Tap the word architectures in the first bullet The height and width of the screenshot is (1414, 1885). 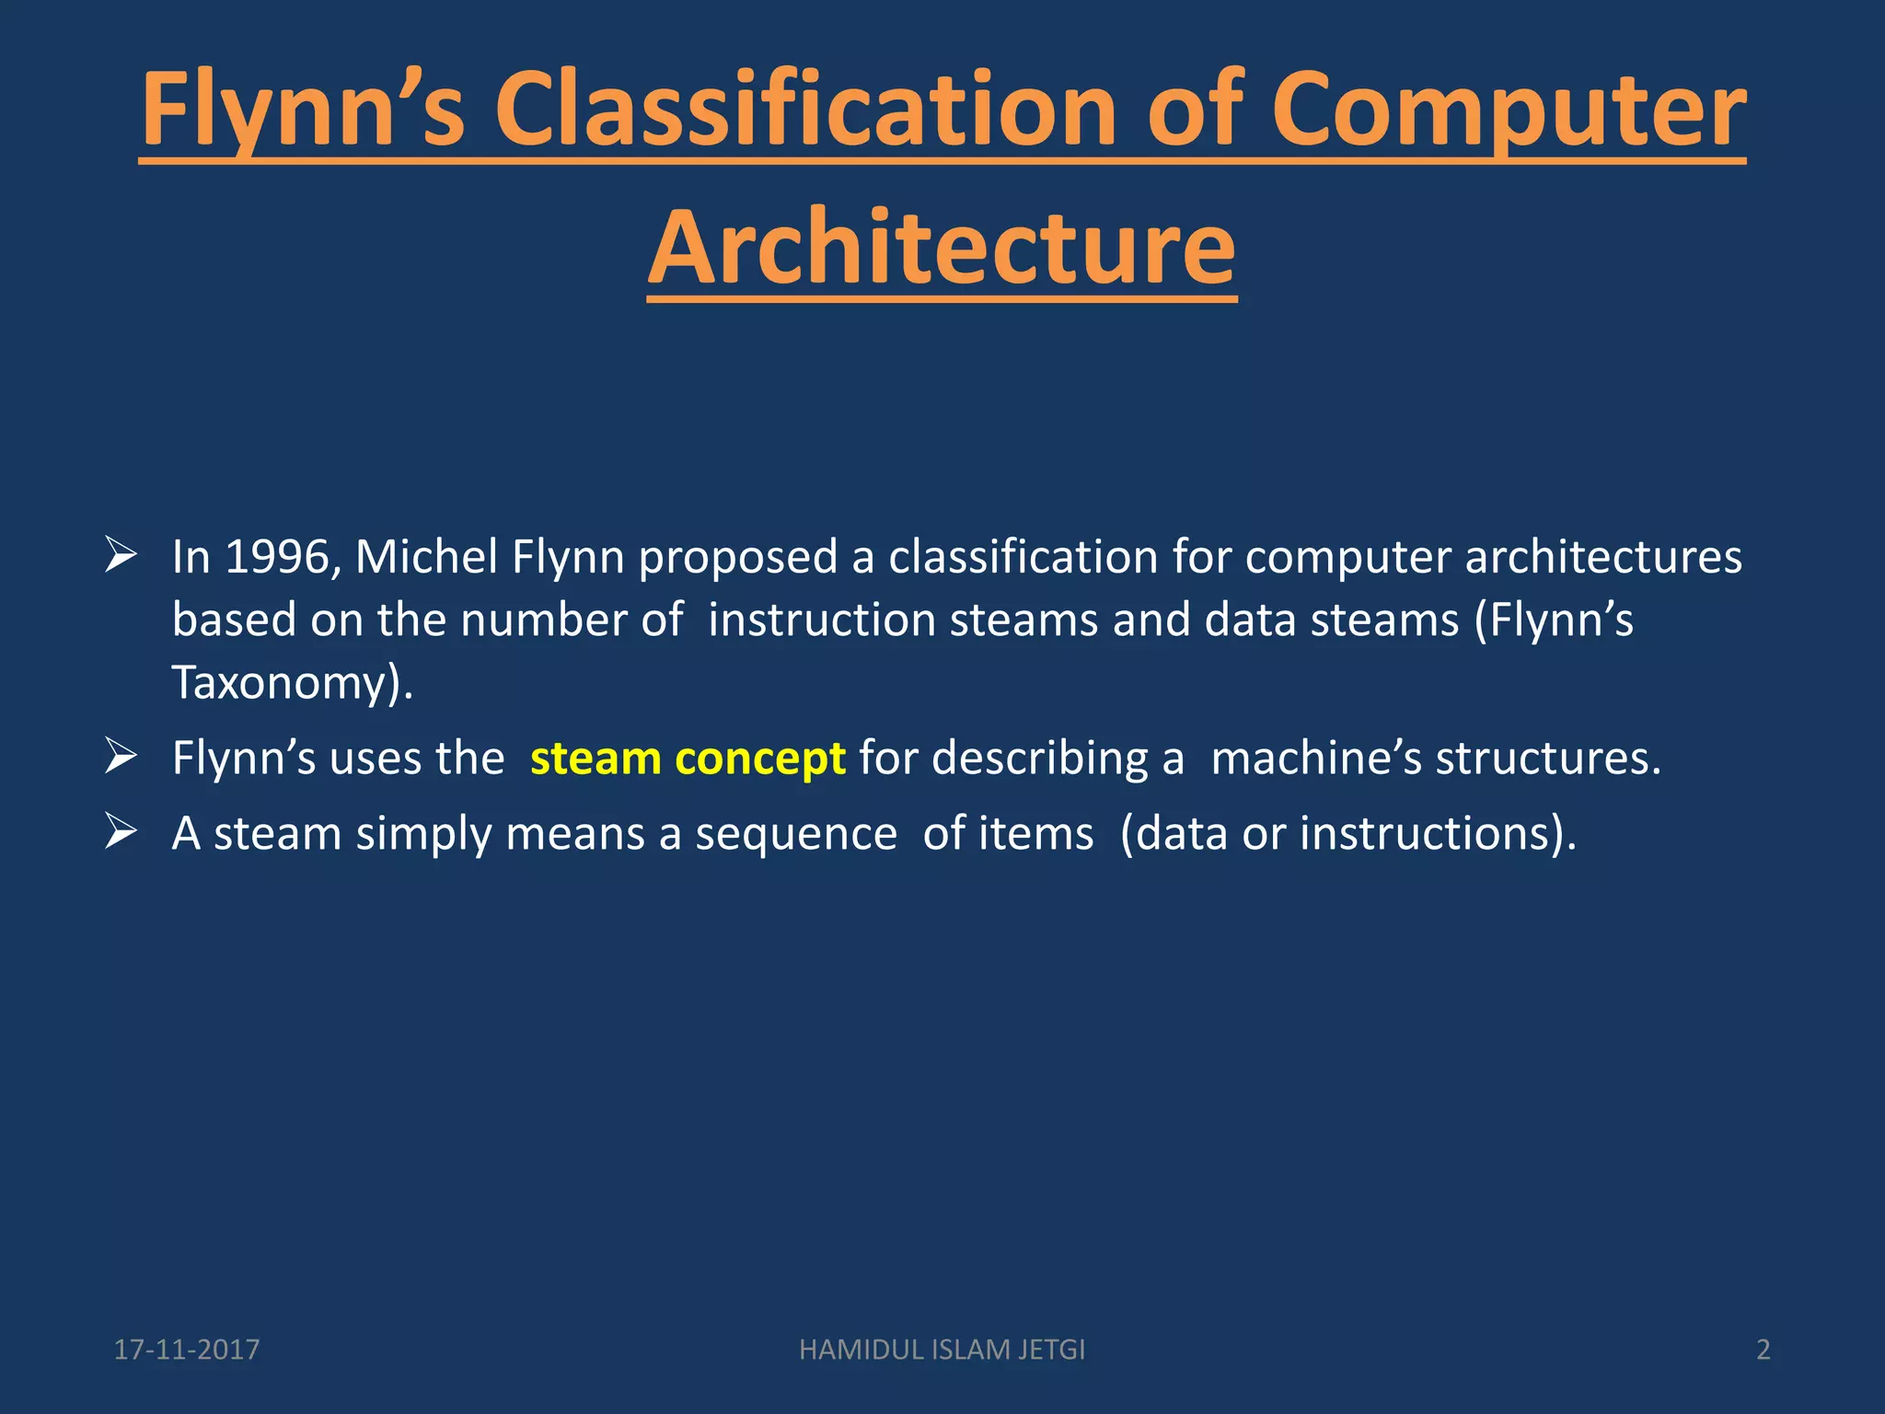pyautogui.click(x=1602, y=557)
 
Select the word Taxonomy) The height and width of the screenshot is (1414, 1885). pyautogui.click(x=293, y=683)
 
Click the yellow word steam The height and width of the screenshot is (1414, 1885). pyautogui.click(x=596, y=759)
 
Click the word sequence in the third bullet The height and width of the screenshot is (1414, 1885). pyautogui.click(x=795, y=835)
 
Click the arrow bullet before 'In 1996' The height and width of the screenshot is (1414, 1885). pyautogui.click(x=121, y=555)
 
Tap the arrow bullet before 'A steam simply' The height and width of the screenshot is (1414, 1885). pyautogui.click(x=121, y=831)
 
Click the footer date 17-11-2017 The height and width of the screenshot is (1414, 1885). pyautogui.click(x=187, y=1350)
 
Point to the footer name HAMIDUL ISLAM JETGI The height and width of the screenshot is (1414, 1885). pyautogui.click(x=942, y=1350)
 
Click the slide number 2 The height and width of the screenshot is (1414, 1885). pyautogui.click(x=1763, y=1350)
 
